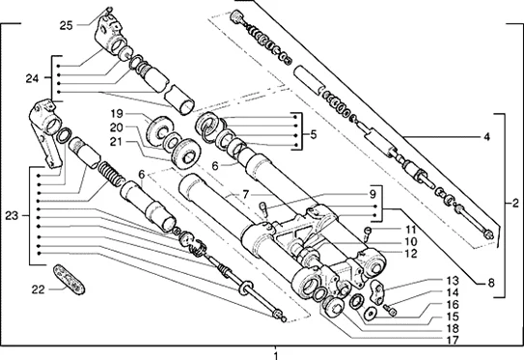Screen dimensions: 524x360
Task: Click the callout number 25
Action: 67,25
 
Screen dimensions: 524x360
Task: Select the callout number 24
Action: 33,78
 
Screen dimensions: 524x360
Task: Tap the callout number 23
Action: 12,216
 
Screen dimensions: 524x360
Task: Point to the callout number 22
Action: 38,290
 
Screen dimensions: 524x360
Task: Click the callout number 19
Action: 117,114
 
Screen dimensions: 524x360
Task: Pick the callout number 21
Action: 117,142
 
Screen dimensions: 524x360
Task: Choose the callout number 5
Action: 313,134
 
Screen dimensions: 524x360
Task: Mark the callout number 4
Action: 487,137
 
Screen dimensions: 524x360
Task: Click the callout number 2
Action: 515,204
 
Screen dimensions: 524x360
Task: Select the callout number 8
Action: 490,284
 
